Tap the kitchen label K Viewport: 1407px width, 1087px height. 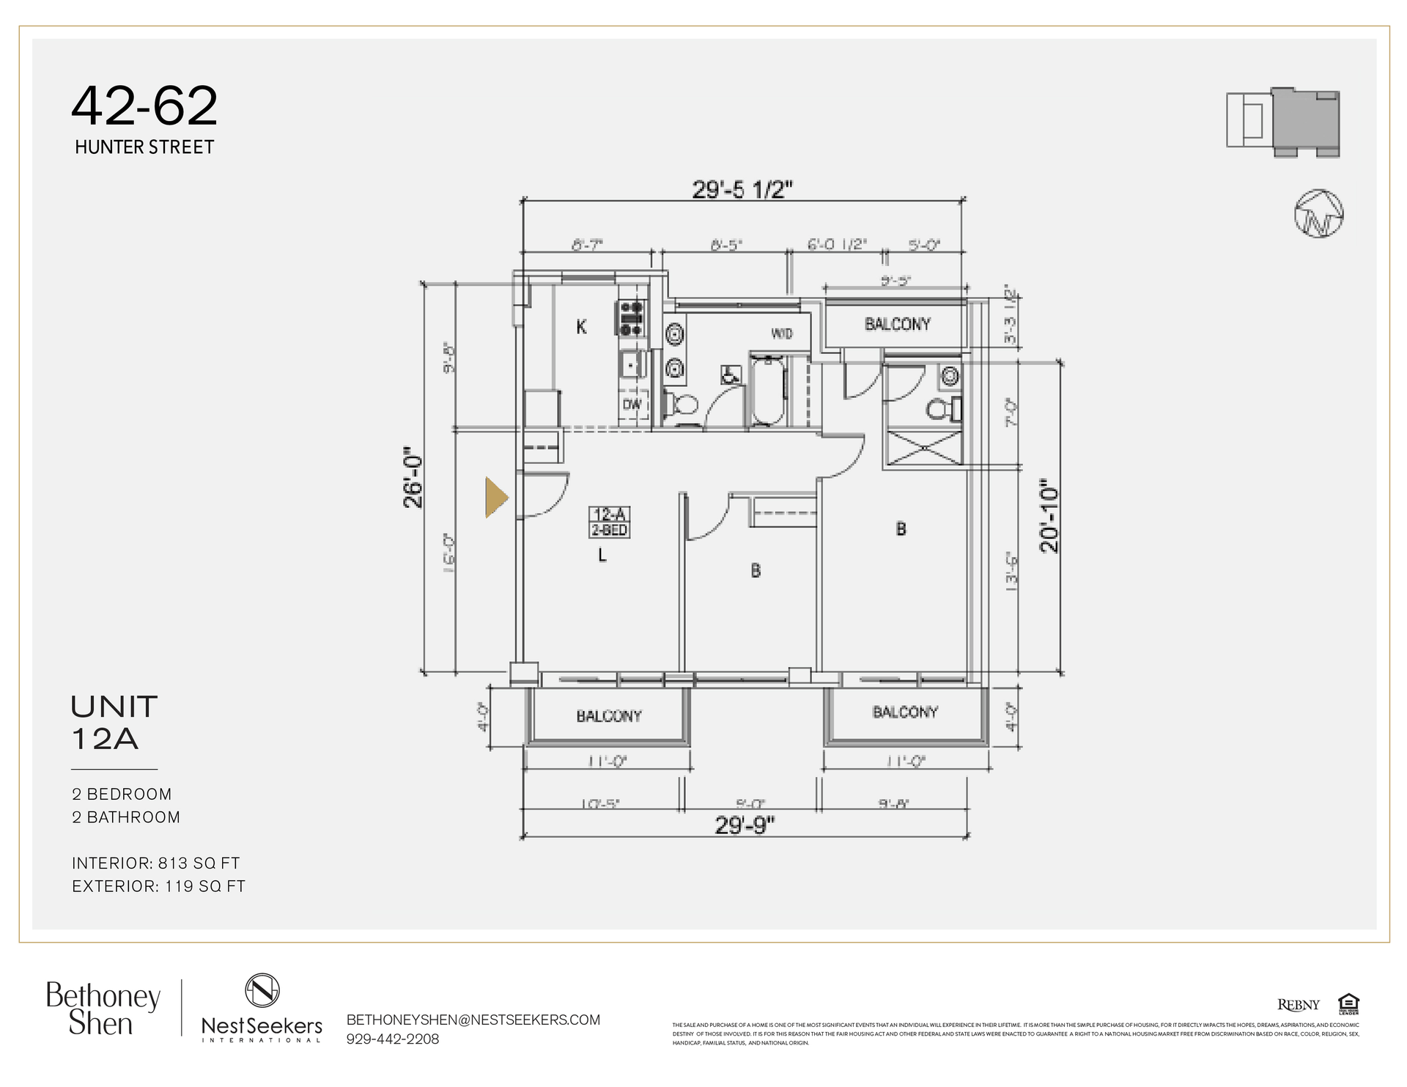[x=581, y=327]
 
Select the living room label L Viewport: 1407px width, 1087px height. [x=602, y=556]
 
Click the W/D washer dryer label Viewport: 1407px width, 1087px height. [x=781, y=334]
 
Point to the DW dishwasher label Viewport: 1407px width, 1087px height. [x=632, y=405]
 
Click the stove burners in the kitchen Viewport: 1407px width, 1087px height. [x=632, y=319]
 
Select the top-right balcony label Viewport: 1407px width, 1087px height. [x=897, y=324]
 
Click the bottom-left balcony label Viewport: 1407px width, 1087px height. [x=608, y=716]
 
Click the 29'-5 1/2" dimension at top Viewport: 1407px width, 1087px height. [x=742, y=190]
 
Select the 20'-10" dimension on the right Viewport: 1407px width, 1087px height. [x=1050, y=515]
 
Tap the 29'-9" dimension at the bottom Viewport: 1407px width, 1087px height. [x=745, y=825]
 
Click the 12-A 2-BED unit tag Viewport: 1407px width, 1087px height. [x=610, y=522]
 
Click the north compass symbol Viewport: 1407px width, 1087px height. [x=1318, y=214]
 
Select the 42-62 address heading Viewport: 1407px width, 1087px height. [x=144, y=106]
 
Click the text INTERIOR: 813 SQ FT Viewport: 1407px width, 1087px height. [x=156, y=863]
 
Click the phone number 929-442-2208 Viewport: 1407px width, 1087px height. [x=393, y=1039]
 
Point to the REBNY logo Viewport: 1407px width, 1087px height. [x=1299, y=1005]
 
